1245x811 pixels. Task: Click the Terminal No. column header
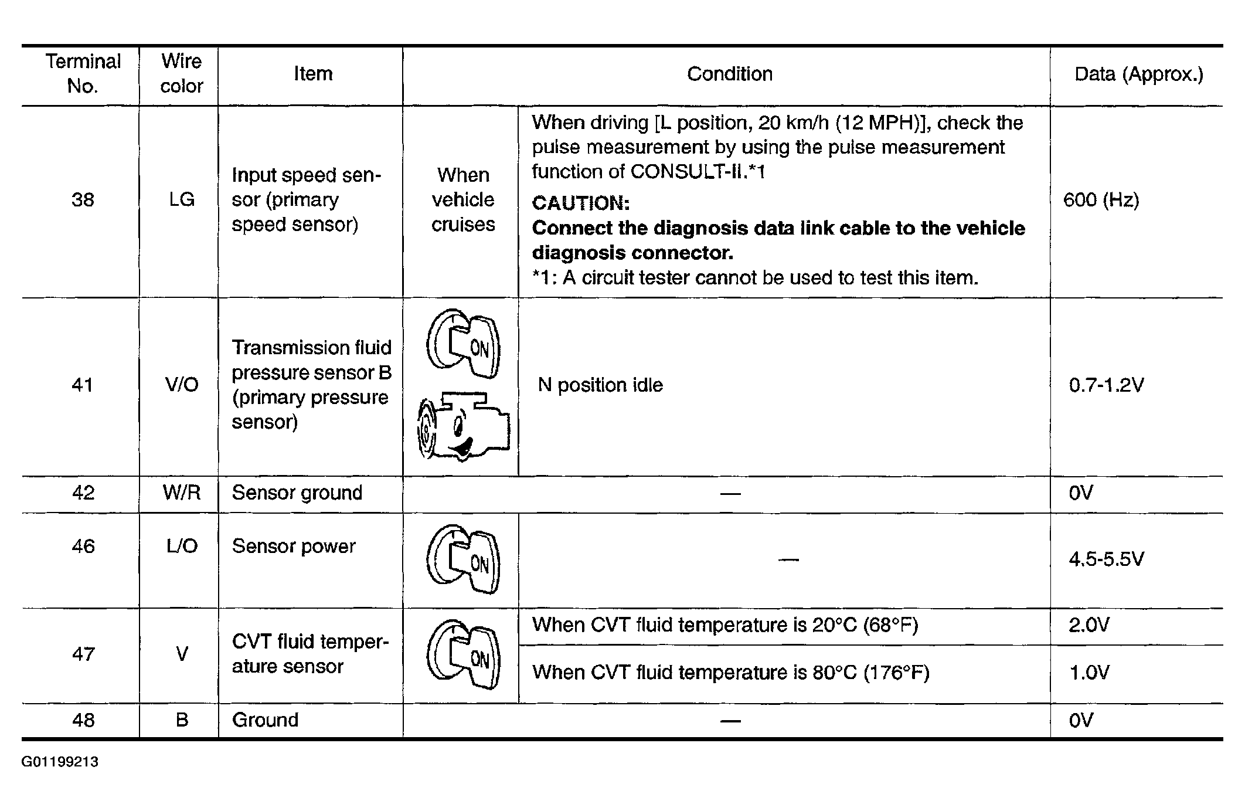point(83,74)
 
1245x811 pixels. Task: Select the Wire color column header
point(181,74)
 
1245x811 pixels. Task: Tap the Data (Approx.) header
point(1138,74)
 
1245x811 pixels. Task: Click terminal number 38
point(83,200)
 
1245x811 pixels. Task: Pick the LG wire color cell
point(181,200)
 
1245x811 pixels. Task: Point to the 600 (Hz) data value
point(1101,200)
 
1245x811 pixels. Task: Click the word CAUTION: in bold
point(580,203)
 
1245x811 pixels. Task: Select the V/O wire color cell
point(181,385)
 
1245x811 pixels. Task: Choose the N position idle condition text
point(600,385)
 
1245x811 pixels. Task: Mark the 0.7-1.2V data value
point(1106,385)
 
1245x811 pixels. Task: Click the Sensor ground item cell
point(297,493)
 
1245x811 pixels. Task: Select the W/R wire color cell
point(181,493)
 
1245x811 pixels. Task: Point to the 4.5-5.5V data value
point(1106,559)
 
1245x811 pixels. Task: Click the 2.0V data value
point(1089,625)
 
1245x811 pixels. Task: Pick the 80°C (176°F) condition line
point(730,673)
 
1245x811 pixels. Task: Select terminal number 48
point(83,720)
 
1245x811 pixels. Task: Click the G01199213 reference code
point(60,762)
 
